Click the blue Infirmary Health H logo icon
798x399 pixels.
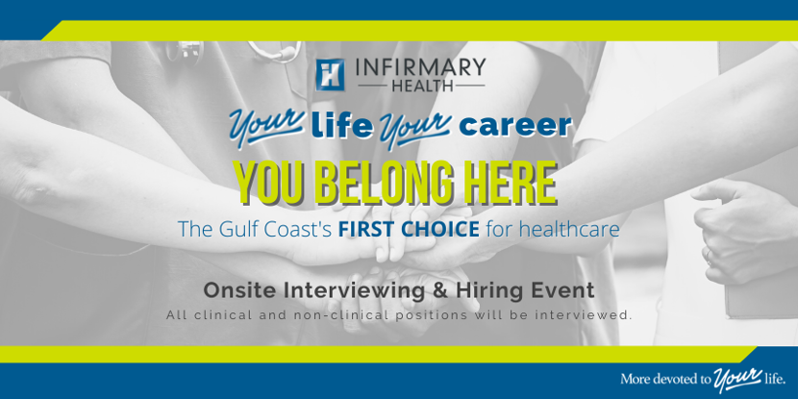click(x=330, y=75)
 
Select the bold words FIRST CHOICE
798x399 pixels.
click(x=410, y=230)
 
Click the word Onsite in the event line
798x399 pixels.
click(x=240, y=290)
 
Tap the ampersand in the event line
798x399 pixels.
click(x=441, y=290)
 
